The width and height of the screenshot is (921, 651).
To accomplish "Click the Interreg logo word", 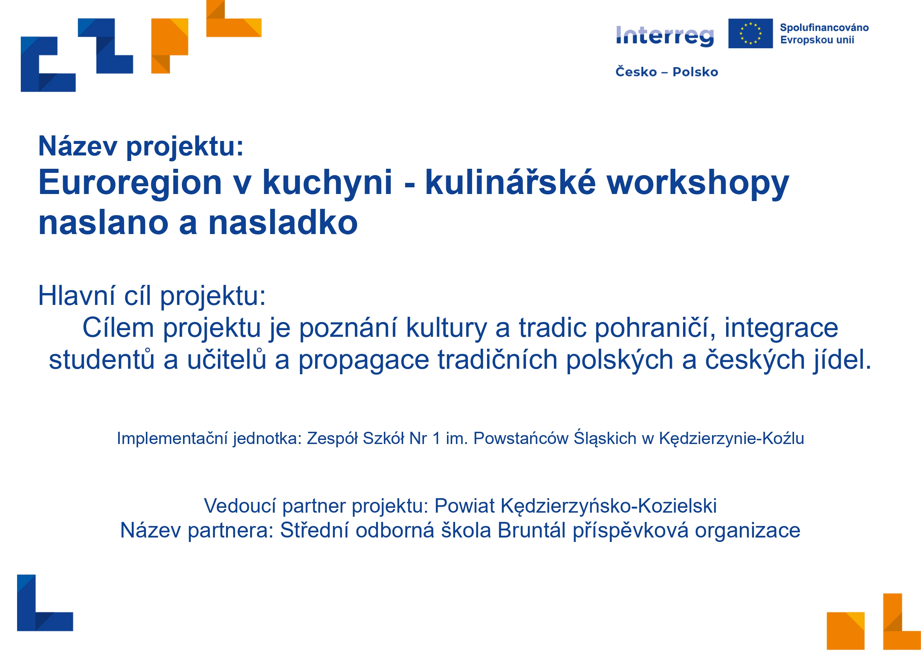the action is point(665,36).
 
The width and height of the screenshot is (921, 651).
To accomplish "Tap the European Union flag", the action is point(751,33).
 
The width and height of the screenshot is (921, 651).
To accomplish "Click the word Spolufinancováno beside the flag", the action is point(824,28).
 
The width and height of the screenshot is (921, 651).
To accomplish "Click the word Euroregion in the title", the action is point(130,183).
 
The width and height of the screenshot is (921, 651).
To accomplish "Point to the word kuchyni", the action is point(327,183).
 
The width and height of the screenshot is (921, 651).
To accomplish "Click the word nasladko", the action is point(283,223).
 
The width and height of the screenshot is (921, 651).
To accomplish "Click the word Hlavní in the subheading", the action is point(76,296).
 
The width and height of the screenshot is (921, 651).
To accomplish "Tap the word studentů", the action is point(102,359).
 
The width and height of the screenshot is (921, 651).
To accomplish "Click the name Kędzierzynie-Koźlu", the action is point(732,438).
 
